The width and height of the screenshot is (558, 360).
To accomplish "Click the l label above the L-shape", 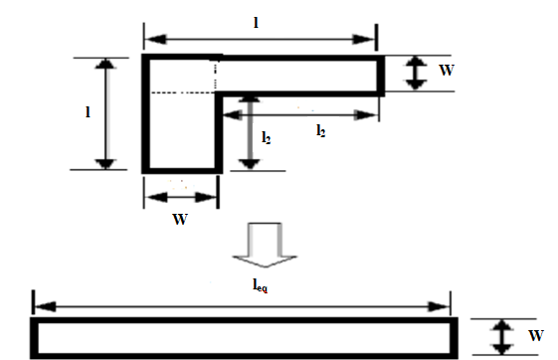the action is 256,23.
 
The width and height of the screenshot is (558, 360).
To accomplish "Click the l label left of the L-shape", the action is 88,112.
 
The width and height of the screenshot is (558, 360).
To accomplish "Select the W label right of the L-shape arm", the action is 447,70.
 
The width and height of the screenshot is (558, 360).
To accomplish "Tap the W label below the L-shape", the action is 180,220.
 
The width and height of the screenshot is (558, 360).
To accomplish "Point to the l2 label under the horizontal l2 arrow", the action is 320,131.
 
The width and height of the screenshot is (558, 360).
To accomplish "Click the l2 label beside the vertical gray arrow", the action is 267,137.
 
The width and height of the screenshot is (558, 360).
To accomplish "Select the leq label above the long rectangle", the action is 261,285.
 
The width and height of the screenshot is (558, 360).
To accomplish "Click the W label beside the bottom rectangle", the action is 536,335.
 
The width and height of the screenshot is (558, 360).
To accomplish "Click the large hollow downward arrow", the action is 265,245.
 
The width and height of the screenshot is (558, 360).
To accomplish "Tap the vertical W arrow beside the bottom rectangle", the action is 501,337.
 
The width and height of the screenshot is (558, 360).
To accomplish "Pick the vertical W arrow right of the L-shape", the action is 416,74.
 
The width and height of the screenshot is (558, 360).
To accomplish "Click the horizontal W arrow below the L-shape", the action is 181,198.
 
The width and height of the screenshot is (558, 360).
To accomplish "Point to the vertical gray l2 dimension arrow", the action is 250,132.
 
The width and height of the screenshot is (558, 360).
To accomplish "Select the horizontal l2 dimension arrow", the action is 299,115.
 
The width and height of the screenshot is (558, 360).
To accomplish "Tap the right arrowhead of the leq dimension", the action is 440,306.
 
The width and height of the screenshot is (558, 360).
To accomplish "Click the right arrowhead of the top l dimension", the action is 363,40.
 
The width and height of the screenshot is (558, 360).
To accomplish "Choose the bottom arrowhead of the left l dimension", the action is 105,164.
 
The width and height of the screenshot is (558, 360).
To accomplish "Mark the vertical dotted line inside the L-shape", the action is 216,76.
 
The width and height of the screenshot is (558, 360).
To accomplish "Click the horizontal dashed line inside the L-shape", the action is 182,92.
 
